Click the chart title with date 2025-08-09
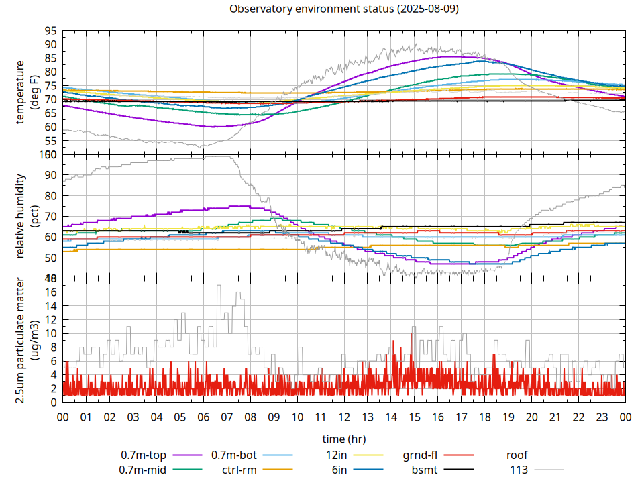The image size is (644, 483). tap(343, 9)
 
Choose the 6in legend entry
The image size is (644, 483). tap(339, 470)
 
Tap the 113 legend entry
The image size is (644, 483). tap(519, 470)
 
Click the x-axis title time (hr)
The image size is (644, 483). tap(343, 439)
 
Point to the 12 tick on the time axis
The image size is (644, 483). tap(344, 417)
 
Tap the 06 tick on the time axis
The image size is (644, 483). tap(203, 417)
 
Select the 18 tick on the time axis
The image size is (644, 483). tap(484, 417)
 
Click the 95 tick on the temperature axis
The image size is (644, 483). tap(50, 31)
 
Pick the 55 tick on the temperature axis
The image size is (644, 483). tap(50, 141)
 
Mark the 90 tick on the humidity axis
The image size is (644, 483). tap(50, 175)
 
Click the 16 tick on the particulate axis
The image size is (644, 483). tap(50, 292)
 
